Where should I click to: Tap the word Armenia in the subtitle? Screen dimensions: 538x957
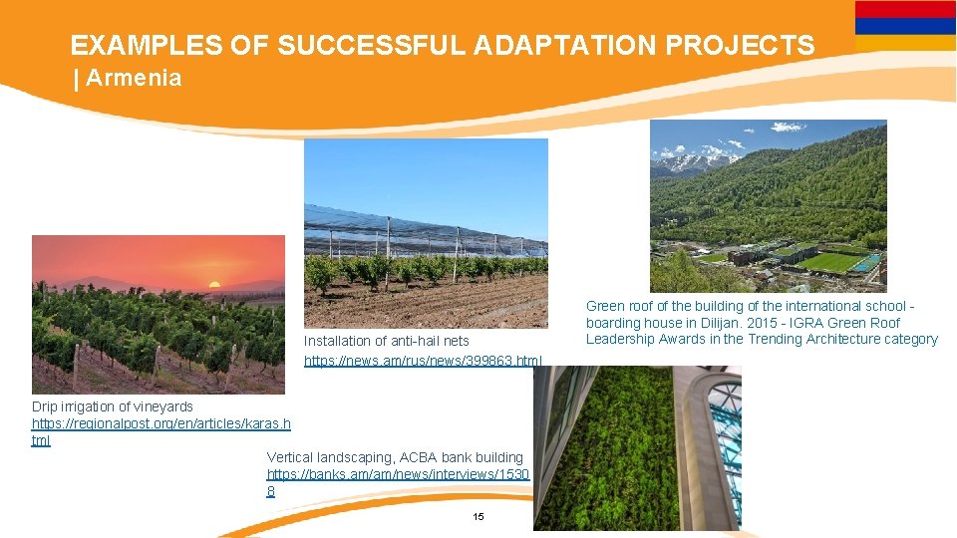[x=134, y=79]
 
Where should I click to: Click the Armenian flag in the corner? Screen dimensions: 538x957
[x=905, y=26]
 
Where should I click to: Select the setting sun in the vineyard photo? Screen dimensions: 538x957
[x=212, y=284]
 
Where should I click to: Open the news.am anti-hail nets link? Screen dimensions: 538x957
[x=423, y=359]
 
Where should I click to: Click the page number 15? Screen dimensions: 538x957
[x=478, y=516]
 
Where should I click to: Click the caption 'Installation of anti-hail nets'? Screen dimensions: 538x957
[x=386, y=341]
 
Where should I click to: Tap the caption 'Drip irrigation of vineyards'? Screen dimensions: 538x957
[x=113, y=406]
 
